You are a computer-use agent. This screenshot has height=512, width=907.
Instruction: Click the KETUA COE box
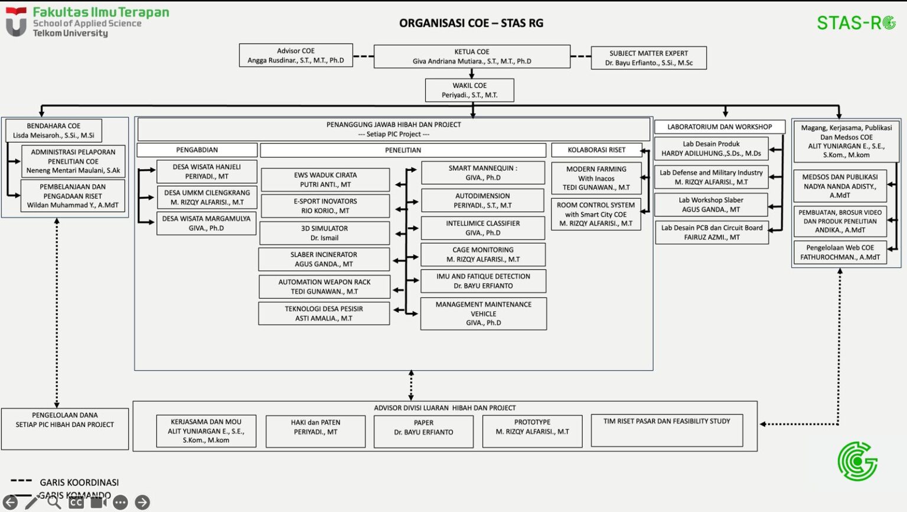[472, 56]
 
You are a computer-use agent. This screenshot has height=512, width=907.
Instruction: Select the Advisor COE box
[296, 55]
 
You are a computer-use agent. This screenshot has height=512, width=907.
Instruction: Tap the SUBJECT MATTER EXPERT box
[649, 58]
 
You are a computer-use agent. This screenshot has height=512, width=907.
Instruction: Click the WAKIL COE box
[469, 90]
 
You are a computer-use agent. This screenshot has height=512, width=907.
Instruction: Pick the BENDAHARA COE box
[54, 131]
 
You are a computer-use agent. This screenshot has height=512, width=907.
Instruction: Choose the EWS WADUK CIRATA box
[325, 180]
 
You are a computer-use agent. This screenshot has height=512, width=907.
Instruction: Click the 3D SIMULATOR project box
[324, 233]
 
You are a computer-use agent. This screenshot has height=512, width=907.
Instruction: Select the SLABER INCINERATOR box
[324, 259]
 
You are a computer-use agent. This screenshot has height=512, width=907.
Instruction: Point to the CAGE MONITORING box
[483, 255]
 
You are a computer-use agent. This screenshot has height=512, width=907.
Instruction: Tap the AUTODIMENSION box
[482, 200]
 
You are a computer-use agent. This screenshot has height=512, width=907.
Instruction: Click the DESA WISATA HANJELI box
[207, 171]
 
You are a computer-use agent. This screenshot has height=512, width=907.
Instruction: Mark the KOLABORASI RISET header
[596, 150]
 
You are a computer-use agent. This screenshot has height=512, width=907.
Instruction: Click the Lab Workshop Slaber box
[711, 205]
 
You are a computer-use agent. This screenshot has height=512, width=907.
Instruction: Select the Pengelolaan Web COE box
[840, 252]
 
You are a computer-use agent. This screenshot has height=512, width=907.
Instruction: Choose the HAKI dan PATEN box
[315, 432]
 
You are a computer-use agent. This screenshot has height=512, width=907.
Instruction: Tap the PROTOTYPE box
[533, 432]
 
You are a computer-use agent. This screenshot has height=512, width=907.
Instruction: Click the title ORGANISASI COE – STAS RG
[471, 23]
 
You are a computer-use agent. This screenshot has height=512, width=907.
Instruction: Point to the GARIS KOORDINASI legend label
[79, 482]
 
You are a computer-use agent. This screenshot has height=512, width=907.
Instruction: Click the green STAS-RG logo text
[856, 23]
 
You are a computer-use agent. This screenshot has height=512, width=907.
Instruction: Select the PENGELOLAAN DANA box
[65, 429]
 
